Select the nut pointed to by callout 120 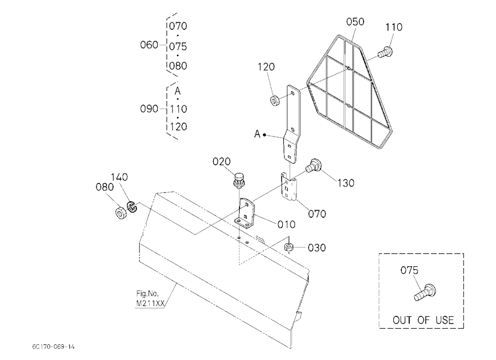pyautogui.click(x=275, y=101)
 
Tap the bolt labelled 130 pyautogui.click(x=314, y=165)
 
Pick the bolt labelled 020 pyautogui.click(x=239, y=180)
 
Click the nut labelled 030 pyautogui.click(x=288, y=247)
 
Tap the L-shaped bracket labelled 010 pyautogui.click(x=246, y=213)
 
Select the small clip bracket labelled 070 pyautogui.click(x=289, y=187)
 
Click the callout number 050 pyautogui.click(x=355, y=22)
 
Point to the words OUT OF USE pyautogui.click(x=423, y=320)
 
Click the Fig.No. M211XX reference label pyautogui.click(x=150, y=299)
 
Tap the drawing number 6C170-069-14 pyautogui.click(x=53, y=347)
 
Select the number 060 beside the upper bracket pyautogui.click(x=149, y=45)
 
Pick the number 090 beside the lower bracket pyautogui.click(x=149, y=109)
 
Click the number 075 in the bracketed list pyautogui.click(x=178, y=47)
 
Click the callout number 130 pyautogui.click(x=345, y=183)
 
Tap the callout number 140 pyautogui.click(x=119, y=177)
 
